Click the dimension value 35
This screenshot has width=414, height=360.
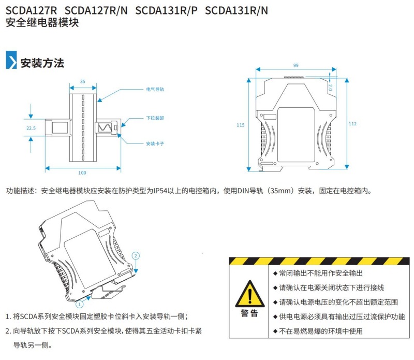(x=83, y=81)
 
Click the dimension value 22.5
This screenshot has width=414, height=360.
(x=31, y=127)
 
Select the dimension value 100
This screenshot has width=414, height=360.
(x=82, y=172)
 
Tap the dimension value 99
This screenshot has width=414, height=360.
(x=295, y=66)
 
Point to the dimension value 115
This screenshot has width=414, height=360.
(x=240, y=125)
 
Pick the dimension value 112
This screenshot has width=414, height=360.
(x=352, y=124)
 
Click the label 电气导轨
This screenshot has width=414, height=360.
(x=155, y=90)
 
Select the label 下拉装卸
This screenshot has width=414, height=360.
(x=155, y=119)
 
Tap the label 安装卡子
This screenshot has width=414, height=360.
(x=155, y=143)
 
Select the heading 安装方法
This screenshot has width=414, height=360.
(x=42, y=64)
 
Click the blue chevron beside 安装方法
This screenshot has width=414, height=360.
(x=11, y=61)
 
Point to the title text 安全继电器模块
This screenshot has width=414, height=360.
(x=42, y=23)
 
